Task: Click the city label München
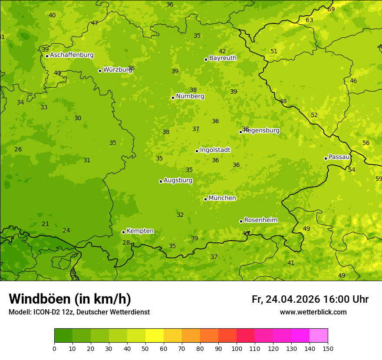[222, 198]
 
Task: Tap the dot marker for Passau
[326, 158]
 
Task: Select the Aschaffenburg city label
[72, 55]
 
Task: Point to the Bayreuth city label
[223, 58]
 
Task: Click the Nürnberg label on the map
[190, 96]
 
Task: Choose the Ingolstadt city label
[215, 150]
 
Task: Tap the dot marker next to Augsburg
[161, 181]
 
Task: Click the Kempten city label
[140, 231]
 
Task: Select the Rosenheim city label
[260, 220]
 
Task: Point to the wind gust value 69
[331, 9]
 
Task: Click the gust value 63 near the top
[310, 20]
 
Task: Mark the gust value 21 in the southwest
[45, 224]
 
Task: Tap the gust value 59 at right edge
[379, 179]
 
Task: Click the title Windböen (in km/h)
[70, 299]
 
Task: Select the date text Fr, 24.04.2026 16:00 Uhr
[310, 299]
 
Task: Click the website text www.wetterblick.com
[313, 312]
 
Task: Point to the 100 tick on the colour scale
[237, 348]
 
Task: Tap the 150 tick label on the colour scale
[328, 348]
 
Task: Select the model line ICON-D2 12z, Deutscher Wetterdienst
[79, 312]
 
